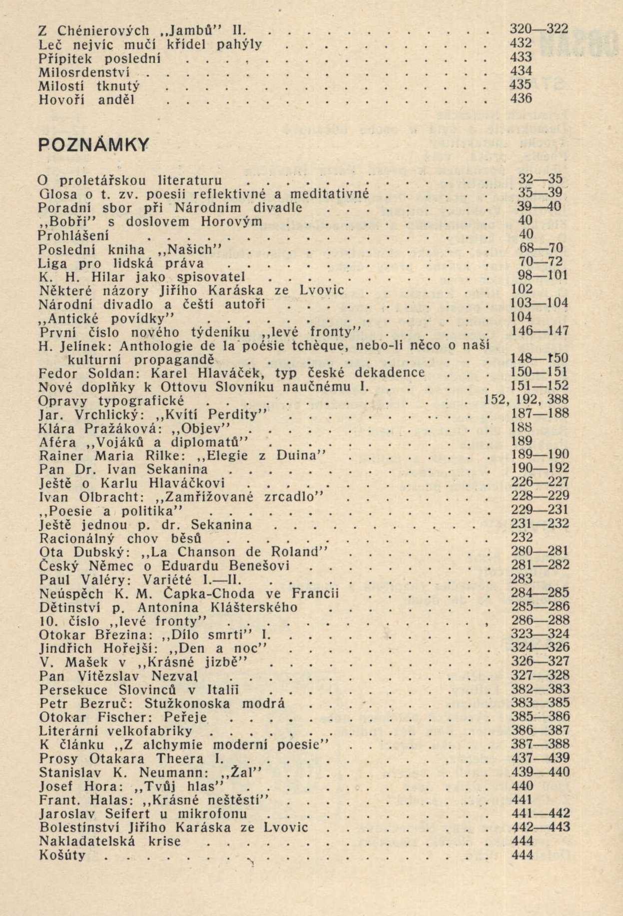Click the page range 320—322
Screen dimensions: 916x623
(535, 29)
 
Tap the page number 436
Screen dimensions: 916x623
(521, 99)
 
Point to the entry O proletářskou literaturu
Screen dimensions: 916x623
(130, 180)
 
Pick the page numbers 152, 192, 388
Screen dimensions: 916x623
(526, 400)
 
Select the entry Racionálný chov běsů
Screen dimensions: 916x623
(120, 539)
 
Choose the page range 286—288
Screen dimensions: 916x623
(541, 621)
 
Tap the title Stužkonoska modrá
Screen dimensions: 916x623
(214, 704)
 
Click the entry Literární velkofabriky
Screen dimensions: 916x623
(115, 731)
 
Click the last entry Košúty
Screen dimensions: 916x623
(62, 855)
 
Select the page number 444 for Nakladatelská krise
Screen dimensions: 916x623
(522, 841)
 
